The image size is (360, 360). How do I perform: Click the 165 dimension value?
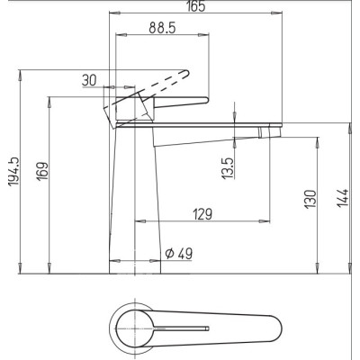coord(196,6)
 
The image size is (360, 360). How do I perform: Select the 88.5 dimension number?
coord(162,28)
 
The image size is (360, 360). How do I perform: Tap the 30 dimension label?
coord(89,80)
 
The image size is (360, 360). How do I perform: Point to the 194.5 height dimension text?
coord(14,172)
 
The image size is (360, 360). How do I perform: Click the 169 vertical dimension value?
coord(42,171)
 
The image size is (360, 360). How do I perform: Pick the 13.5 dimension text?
coord(228,168)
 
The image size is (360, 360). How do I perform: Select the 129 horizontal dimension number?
coord(202,214)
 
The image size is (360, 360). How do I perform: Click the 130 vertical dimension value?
coord(310,200)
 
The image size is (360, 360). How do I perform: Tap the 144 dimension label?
coord(342,198)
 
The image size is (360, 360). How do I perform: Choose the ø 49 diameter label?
coord(179,254)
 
